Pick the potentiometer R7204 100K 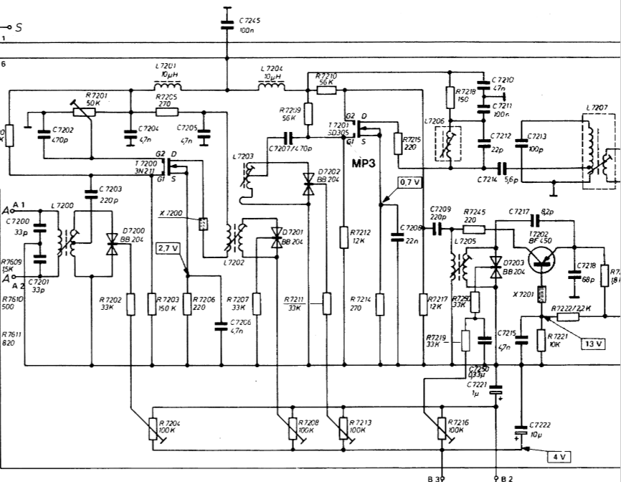153,429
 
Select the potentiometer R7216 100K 442,428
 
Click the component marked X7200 203,222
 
